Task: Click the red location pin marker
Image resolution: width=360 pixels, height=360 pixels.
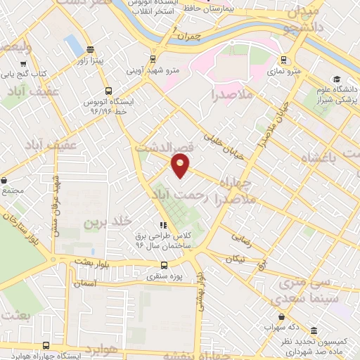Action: (x=181, y=166)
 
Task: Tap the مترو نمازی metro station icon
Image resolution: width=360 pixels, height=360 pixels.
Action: (x=283, y=60)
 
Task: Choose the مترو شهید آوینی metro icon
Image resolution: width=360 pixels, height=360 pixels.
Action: (x=154, y=60)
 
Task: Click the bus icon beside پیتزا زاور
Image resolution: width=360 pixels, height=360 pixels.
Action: (x=89, y=50)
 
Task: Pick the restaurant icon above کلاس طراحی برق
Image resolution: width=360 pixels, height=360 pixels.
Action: (x=163, y=226)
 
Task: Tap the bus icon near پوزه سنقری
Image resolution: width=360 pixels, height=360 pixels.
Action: (x=164, y=265)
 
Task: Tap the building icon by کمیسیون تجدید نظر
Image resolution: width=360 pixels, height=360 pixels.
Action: (x=313, y=330)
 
